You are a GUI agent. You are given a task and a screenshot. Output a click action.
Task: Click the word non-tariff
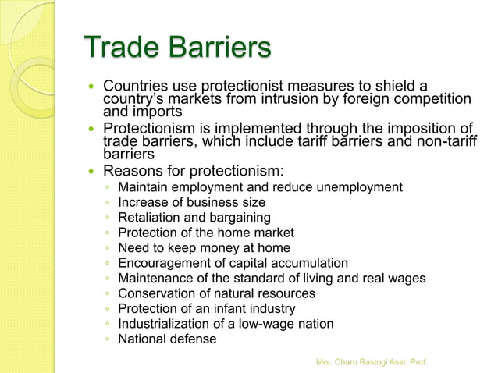click(x=440, y=142)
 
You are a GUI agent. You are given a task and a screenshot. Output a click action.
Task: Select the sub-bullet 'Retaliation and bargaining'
click(x=194, y=218)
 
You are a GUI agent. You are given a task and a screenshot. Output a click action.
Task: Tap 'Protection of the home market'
click(x=205, y=233)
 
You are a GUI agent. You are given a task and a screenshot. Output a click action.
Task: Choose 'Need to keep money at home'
click(x=204, y=248)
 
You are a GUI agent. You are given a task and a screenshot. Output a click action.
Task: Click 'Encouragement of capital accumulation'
click(x=233, y=263)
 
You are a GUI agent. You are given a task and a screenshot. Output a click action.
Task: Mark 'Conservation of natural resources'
click(x=216, y=293)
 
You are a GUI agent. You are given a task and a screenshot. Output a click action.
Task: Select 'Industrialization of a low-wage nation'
click(x=226, y=324)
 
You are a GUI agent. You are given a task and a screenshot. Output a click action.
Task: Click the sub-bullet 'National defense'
click(x=166, y=339)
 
